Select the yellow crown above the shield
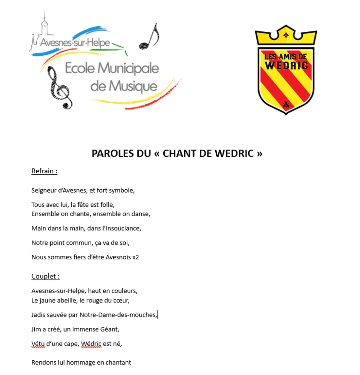[x=286, y=35]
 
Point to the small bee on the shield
[x=286, y=105]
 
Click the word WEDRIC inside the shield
[x=286, y=65]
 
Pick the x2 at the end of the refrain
[x=135, y=257]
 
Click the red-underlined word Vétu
[x=39, y=344]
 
